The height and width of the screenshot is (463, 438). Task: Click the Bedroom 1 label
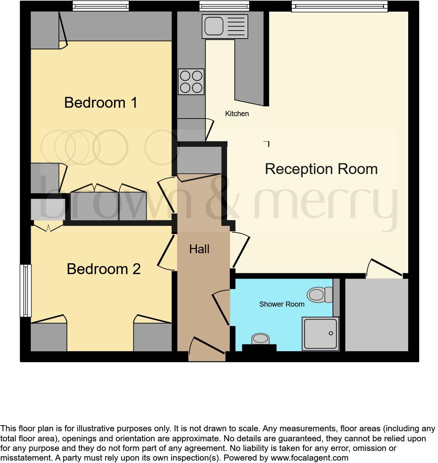coord(101,102)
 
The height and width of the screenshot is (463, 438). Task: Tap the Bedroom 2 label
coord(103,269)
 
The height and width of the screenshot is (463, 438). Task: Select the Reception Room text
coord(321,169)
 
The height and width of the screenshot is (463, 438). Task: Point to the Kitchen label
coord(237,114)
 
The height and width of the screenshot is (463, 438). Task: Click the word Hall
coord(199,249)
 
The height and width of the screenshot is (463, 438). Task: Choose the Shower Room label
coord(281,304)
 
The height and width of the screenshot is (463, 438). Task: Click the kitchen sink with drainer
coord(225,27)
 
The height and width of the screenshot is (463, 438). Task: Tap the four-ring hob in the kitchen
coord(191,82)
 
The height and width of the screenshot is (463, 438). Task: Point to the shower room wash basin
coord(260,339)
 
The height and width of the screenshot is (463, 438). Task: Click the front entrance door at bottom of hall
coord(207,349)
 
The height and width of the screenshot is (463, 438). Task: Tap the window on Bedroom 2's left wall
coord(26,290)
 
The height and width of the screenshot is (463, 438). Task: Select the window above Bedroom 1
coord(101,6)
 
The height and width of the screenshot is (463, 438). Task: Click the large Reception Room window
coord(339,6)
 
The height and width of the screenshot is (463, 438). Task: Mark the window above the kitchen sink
coord(224,6)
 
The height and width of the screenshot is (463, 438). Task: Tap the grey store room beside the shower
coord(376,314)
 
